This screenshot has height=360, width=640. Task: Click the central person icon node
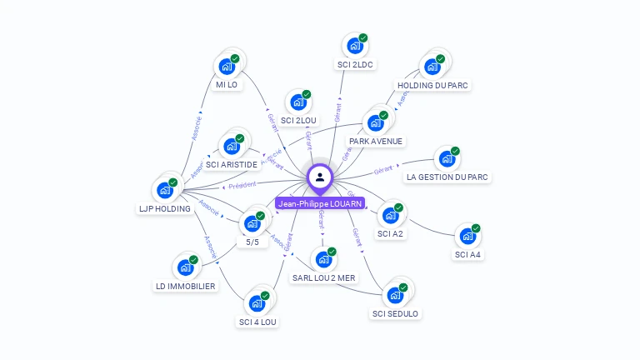point(320,177)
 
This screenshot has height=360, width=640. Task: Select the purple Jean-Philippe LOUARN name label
point(320,203)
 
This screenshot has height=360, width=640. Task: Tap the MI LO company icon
point(227,67)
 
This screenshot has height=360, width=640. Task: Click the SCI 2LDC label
point(356,64)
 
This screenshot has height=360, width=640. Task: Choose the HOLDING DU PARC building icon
point(432,67)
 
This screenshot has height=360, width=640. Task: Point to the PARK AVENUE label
point(376,141)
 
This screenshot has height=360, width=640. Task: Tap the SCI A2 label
point(390,234)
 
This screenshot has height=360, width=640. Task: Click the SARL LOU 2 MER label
point(323,277)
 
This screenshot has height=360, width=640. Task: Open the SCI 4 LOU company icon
point(257,303)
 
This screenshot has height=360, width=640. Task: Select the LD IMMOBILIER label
point(185,286)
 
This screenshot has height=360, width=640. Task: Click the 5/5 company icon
point(252,223)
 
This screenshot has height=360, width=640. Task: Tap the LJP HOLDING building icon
point(165,190)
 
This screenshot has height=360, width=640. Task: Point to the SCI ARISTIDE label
point(232,165)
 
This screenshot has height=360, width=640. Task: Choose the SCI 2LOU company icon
point(298,102)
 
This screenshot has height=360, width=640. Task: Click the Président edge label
point(242,185)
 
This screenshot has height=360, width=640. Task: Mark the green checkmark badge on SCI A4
point(477,227)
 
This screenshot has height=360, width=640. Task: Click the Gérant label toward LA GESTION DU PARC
point(383,169)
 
